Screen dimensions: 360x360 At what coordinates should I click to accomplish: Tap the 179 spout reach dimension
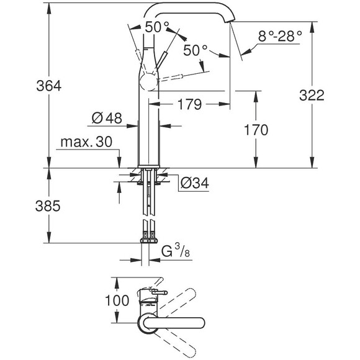point(189,105)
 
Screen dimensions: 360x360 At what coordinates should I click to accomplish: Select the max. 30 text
point(86,143)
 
